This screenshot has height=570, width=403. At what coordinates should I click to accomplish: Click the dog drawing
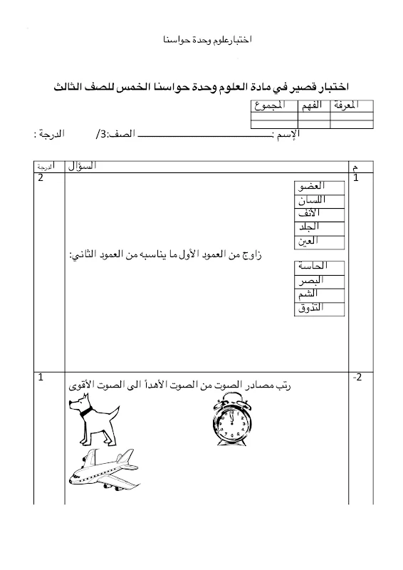(91, 421)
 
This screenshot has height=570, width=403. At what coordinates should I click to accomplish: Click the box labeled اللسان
(320, 200)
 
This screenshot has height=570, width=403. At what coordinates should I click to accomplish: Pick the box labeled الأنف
(320, 214)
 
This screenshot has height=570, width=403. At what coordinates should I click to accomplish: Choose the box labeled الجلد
(320, 227)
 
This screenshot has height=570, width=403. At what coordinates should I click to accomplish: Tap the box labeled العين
(320, 241)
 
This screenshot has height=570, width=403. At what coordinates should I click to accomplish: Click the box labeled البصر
(319, 280)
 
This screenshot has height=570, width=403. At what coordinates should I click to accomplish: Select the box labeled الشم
(319, 294)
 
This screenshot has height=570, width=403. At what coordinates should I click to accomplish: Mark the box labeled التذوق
(319, 308)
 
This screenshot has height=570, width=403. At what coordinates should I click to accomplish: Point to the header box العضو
(320, 187)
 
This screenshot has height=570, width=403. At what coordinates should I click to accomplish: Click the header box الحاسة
(319, 266)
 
